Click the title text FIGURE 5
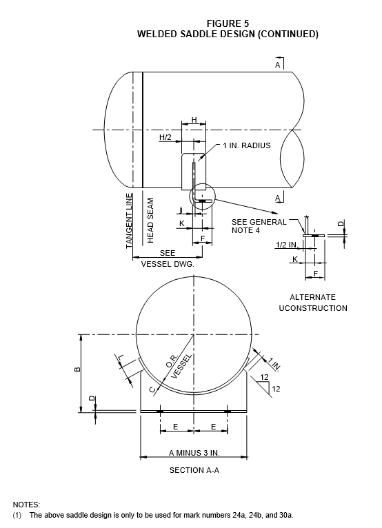click(x=228, y=23)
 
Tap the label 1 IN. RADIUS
click(x=247, y=145)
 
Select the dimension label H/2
click(x=165, y=137)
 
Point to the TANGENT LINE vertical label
click(x=129, y=221)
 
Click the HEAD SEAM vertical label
click(x=150, y=220)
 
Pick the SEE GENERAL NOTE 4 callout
click(x=259, y=226)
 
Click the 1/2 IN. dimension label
click(x=286, y=245)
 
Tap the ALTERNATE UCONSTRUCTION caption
click(x=313, y=303)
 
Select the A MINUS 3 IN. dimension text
click(x=194, y=453)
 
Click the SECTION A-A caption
click(x=194, y=470)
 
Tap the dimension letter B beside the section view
click(x=77, y=369)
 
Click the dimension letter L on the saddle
click(x=121, y=356)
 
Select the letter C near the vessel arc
click(x=152, y=389)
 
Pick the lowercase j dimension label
click(x=181, y=210)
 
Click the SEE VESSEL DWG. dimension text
click(x=168, y=258)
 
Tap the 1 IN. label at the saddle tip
click(x=274, y=364)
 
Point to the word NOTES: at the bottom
click(x=26, y=505)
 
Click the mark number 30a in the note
click(x=286, y=515)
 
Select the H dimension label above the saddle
click(x=194, y=120)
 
